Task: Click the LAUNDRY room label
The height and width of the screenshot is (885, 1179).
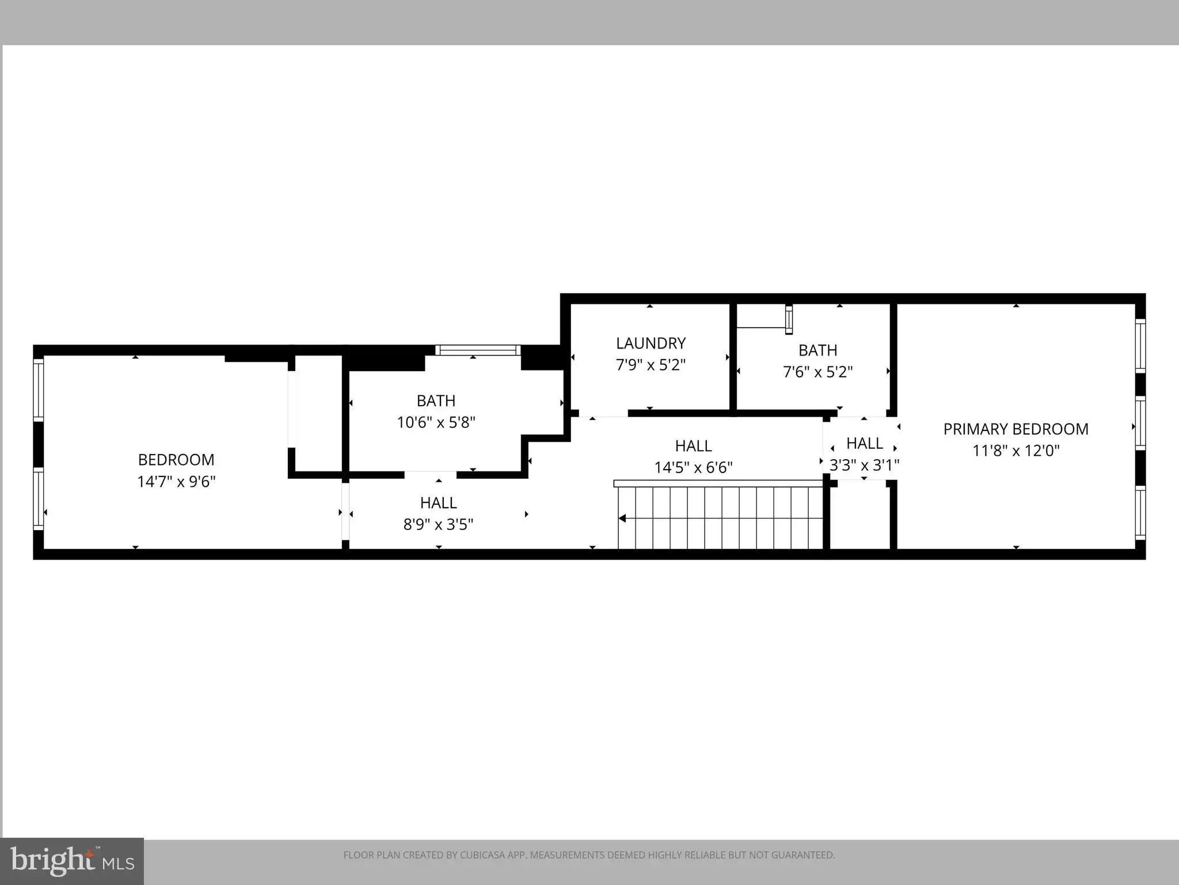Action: click(651, 343)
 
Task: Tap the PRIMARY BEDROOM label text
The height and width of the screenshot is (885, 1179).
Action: click(1016, 429)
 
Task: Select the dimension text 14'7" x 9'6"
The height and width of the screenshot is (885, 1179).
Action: click(176, 481)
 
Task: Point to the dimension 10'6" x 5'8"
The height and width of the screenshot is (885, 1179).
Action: click(436, 422)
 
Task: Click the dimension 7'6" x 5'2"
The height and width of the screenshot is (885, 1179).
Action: click(817, 372)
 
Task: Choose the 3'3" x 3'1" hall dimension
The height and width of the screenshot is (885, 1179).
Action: click(864, 465)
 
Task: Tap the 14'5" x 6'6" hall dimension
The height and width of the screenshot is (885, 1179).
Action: click(693, 467)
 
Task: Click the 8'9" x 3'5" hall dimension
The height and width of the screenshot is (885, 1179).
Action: click(438, 524)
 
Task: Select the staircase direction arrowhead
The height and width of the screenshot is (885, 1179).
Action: click(622, 519)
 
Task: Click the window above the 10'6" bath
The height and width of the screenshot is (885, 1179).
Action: click(477, 350)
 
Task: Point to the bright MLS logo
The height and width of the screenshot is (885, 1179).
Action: click(72, 861)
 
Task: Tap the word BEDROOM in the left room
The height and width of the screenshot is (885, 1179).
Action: click(176, 460)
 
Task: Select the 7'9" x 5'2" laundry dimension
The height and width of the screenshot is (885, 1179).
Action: click(651, 365)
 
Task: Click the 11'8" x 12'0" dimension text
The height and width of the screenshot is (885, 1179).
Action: click(1016, 451)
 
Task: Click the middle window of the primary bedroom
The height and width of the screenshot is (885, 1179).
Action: click(1140, 423)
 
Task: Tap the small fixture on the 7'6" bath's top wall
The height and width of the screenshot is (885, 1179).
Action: click(789, 319)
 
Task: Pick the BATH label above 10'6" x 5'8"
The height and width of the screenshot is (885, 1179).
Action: click(436, 401)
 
